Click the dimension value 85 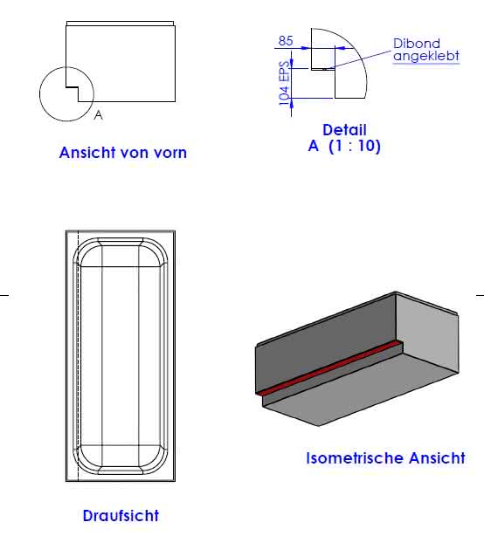point(286,41)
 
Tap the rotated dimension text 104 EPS point(284,83)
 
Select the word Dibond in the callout point(416,44)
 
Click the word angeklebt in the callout point(426,56)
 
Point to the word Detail point(344,130)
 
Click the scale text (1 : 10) point(355,146)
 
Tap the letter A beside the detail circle point(98,115)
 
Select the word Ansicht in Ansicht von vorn point(87,153)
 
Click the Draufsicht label point(121,516)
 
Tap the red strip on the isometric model point(328,368)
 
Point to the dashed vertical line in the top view point(79,356)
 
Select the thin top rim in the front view point(120,24)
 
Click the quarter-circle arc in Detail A point(356,52)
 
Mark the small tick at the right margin point(480,295)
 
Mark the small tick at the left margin point(4,295)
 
